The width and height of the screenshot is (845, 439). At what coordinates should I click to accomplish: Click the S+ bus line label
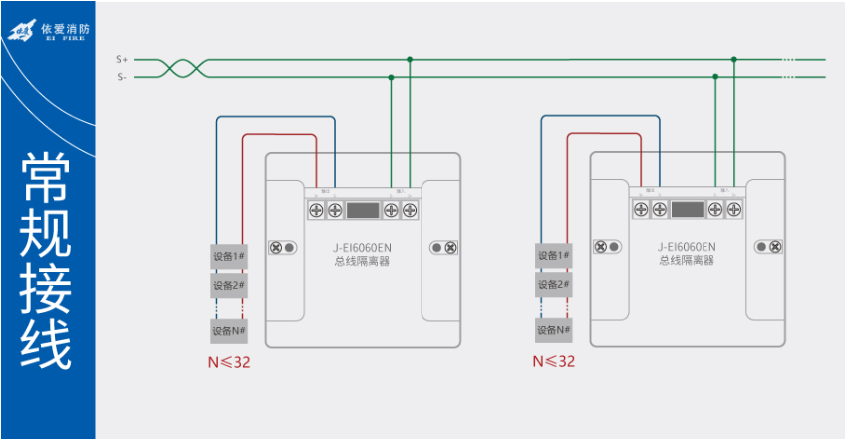pyautogui.click(x=121, y=60)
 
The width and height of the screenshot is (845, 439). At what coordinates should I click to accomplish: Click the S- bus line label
pyautogui.click(x=121, y=77)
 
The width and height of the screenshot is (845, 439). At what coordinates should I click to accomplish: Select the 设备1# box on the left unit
pyautogui.click(x=229, y=256)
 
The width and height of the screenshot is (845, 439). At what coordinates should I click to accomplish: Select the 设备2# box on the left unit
pyautogui.click(x=229, y=285)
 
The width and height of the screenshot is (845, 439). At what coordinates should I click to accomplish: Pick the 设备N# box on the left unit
pyautogui.click(x=229, y=330)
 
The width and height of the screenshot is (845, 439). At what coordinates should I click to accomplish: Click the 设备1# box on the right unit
pyautogui.click(x=554, y=256)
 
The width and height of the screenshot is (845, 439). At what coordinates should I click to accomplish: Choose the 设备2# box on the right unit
pyautogui.click(x=554, y=285)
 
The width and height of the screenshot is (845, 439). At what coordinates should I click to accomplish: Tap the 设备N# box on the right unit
pyautogui.click(x=554, y=330)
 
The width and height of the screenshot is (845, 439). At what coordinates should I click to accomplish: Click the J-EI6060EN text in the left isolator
pyautogui.click(x=363, y=246)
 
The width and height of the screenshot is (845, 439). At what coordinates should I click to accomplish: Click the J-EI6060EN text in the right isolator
pyautogui.click(x=687, y=246)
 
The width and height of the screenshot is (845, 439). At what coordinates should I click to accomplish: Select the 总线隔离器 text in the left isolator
pyautogui.click(x=363, y=261)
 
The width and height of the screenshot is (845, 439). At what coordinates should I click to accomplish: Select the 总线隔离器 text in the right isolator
pyautogui.click(x=687, y=261)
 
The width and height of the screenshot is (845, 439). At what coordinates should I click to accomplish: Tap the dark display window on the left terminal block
pyautogui.click(x=363, y=210)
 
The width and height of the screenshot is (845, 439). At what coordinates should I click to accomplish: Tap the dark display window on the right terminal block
pyautogui.click(x=687, y=210)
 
